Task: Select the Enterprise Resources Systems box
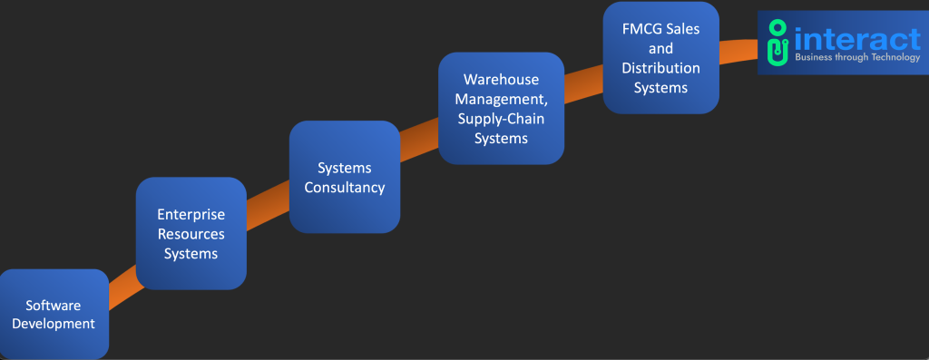191,233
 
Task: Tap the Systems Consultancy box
344,177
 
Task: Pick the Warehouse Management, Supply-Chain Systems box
501,108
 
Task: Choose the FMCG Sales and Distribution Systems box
660,57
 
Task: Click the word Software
53,306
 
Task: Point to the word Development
60,324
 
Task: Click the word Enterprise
191,215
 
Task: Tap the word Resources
191,234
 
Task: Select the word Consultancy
344,188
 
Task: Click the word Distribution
660,69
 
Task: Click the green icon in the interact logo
777,43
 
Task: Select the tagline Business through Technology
856,57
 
